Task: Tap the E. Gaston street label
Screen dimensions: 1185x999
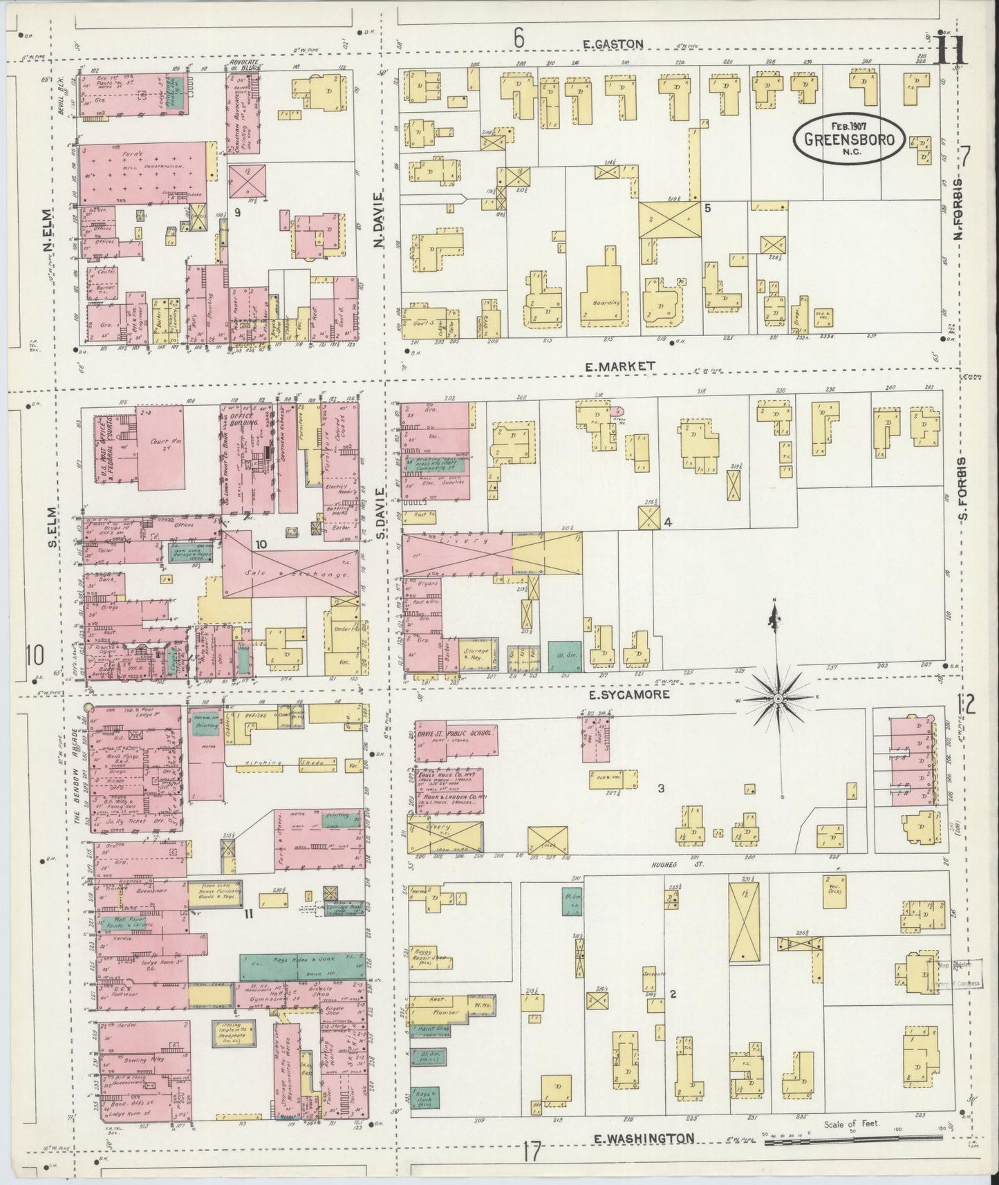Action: point(613,44)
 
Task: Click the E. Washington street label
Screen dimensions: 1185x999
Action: point(645,1137)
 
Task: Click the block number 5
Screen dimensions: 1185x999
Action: point(707,207)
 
